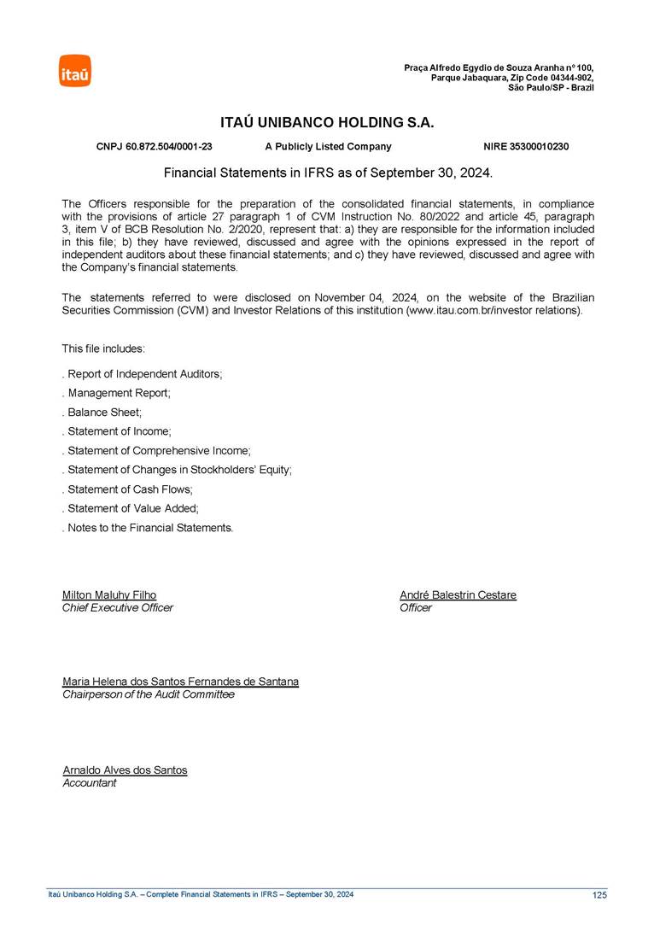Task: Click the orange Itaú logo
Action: tap(74, 71)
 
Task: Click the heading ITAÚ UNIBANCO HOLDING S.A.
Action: tap(328, 123)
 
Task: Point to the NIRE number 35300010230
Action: tap(538, 147)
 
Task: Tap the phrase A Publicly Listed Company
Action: tap(328, 147)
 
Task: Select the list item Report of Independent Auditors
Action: tap(143, 374)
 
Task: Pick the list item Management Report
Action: tap(118, 393)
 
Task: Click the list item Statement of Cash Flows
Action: tap(129, 489)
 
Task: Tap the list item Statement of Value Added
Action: tap(131, 509)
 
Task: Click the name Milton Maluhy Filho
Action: tap(109, 595)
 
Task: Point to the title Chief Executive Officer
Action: tap(118, 608)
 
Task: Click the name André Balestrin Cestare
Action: tap(458, 595)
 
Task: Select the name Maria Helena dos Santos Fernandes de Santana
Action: tap(180, 682)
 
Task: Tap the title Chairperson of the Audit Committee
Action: tap(149, 694)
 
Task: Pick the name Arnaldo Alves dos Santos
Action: tap(125, 770)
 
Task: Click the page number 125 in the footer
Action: tap(599, 895)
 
